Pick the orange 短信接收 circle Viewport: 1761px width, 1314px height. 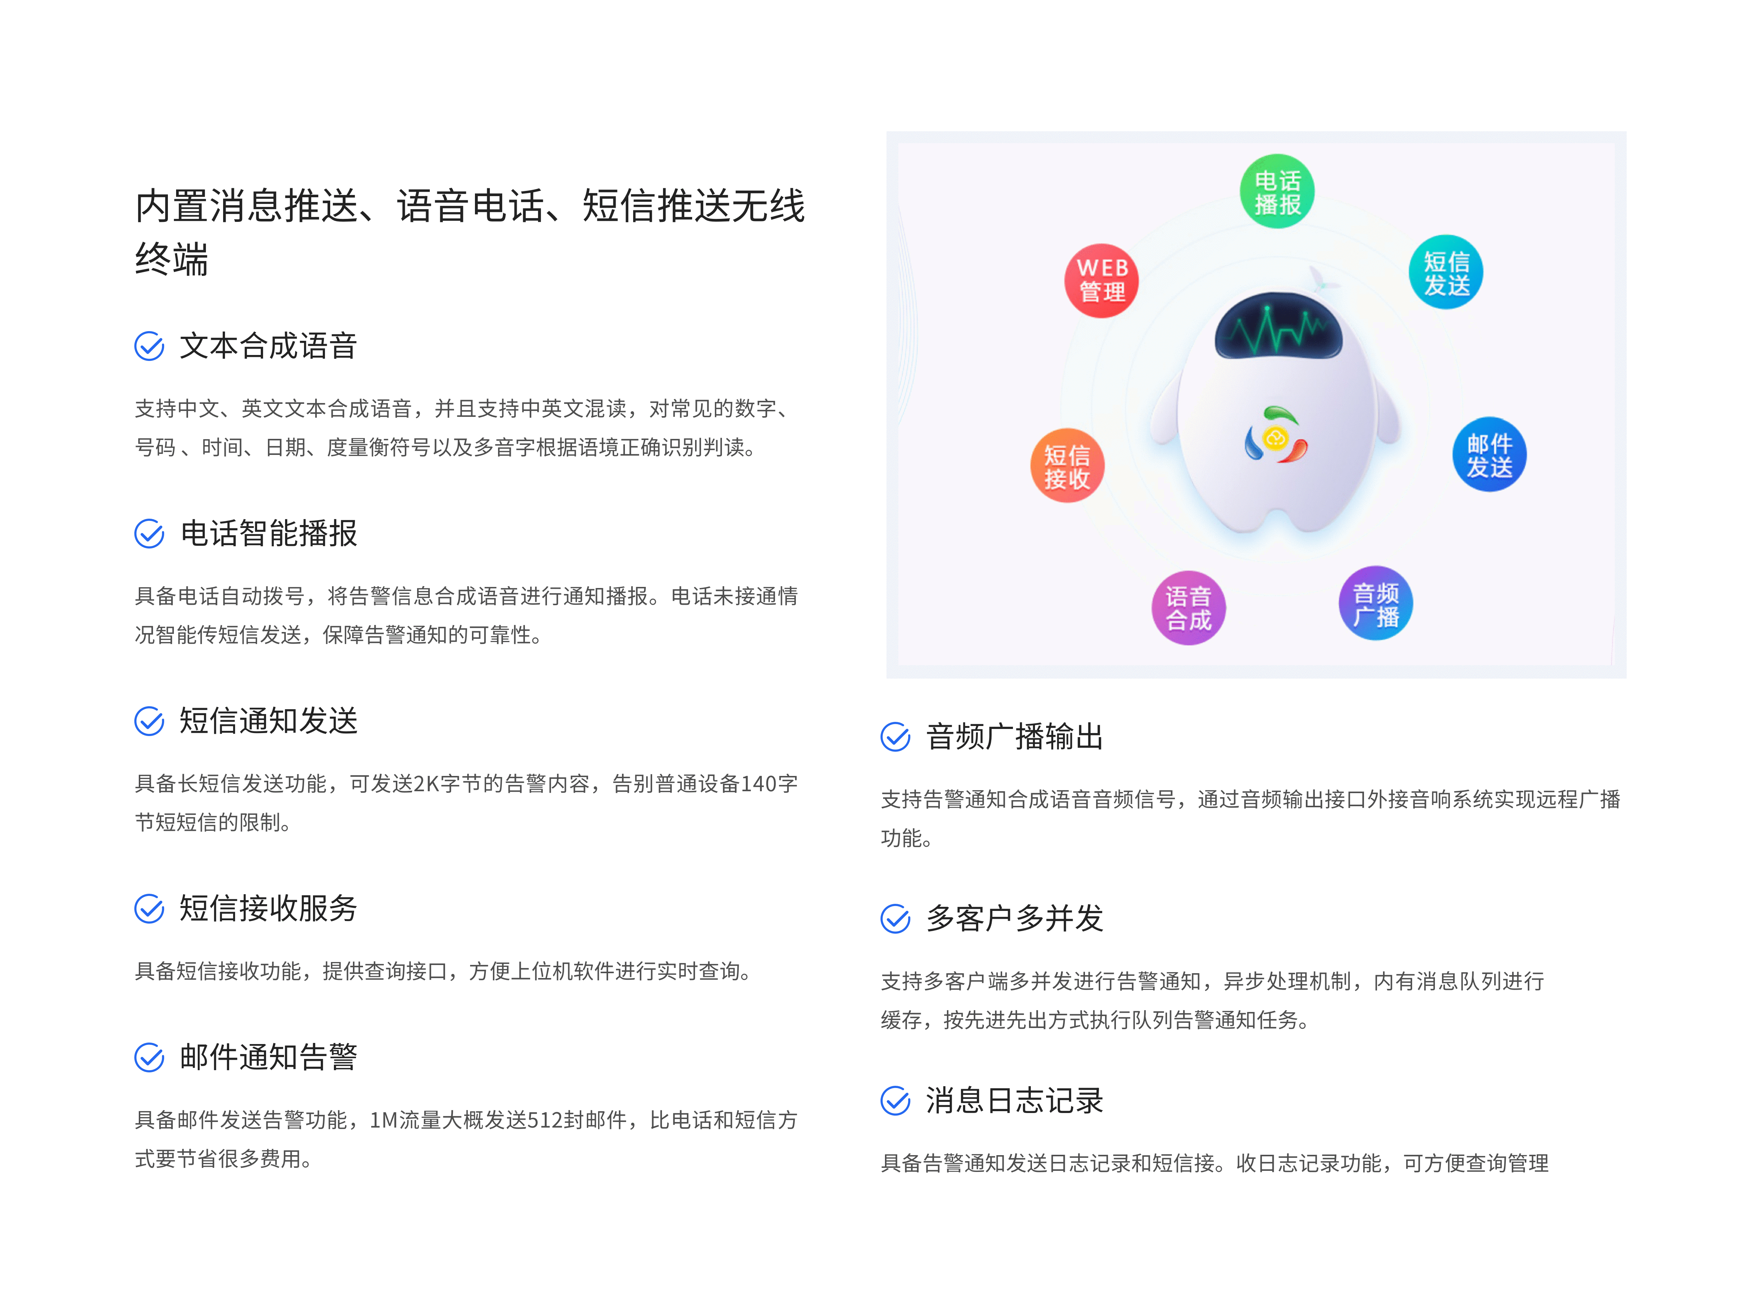click(1067, 466)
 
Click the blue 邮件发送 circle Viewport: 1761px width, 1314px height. click(1489, 454)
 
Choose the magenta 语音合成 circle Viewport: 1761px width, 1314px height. click(1188, 608)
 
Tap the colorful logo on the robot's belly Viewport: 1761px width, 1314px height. click(1276, 434)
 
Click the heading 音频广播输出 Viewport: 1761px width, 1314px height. click(1014, 736)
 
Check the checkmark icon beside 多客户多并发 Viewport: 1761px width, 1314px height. click(895, 919)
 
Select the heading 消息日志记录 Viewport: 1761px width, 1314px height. click(1014, 1101)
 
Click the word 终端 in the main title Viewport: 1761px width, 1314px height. click(172, 259)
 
